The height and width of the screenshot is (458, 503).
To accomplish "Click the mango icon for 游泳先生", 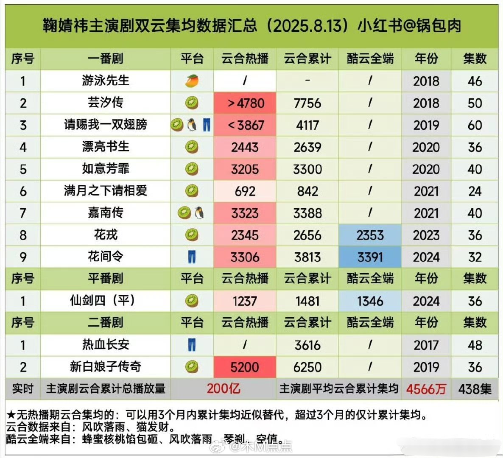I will [x=192, y=81].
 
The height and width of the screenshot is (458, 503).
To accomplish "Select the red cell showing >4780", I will [x=245, y=103].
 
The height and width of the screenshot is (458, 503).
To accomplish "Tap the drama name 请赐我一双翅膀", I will [x=106, y=125].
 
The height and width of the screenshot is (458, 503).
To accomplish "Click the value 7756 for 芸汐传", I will [x=307, y=103].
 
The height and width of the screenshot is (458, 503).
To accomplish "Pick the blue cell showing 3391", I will [x=370, y=257].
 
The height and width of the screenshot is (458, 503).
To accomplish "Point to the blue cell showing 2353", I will [x=370, y=235].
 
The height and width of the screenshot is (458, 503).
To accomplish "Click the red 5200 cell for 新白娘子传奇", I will [x=245, y=367].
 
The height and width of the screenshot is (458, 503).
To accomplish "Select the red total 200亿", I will [x=224, y=388].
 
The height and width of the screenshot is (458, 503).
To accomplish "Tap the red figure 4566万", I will [x=426, y=389].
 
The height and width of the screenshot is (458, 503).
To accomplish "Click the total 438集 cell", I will [x=475, y=389].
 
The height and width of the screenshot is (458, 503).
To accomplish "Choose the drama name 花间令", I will [x=106, y=257].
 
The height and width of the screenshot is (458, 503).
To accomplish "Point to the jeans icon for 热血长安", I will [x=192, y=345].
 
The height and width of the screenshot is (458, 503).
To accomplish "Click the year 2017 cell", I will [x=426, y=345].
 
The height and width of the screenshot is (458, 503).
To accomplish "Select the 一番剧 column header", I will [x=106, y=59].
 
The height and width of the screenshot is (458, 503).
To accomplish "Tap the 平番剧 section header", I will [x=106, y=279].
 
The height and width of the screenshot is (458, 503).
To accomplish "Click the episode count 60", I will [x=475, y=125].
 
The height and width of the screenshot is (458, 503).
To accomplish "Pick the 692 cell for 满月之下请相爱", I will [x=245, y=191].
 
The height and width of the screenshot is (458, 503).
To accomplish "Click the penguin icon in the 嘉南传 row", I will [x=199, y=213].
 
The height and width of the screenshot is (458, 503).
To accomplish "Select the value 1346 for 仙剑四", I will [x=370, y=301].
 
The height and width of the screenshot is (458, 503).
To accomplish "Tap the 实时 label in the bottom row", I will [x=23, y=389].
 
